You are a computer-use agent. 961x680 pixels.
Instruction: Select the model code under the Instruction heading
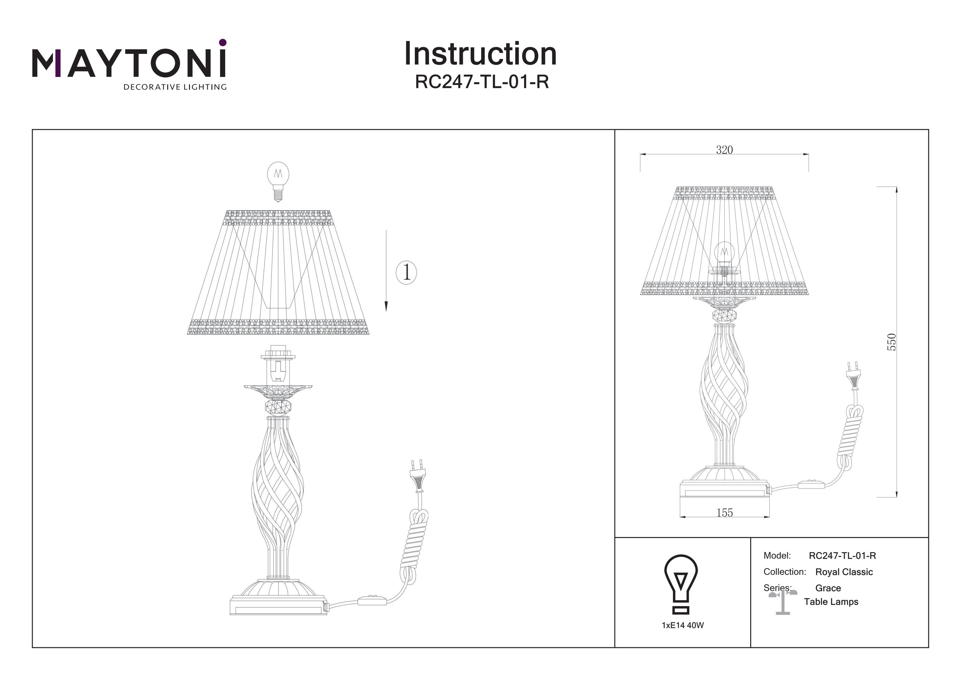click(x=481, y=82)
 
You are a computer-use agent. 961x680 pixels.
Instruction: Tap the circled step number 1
click(x=406, y=273)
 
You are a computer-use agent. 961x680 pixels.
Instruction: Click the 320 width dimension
click(x=724, y=150)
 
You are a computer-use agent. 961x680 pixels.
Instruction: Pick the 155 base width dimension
click(x=725, y=512)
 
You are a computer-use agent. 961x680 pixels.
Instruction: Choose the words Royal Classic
click(x=844, y=572)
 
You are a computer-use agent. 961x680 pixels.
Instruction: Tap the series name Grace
click(x=828, y=588)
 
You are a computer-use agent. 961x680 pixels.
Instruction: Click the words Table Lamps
click(x=831, y=602)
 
